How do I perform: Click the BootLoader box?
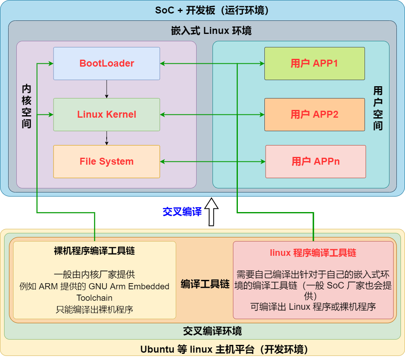[x=106, y=63]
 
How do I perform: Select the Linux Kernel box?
[x=106, y=114]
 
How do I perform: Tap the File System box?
[x=106, y=161]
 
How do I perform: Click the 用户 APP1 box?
[x=314, y=63]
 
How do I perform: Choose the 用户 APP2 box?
[x=314, y=114]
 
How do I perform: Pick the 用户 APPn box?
[x=315, y=161]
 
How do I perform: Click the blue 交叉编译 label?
[x=182, y=212]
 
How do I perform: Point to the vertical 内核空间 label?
[x=27, y=106]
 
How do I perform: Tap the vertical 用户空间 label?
[x=378, y=108]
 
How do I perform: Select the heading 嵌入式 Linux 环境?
[x=211, y=31]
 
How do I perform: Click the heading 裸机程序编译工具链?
[x=94, y=251]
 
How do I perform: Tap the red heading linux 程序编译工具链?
[x=313, y=253]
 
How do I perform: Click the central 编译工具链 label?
[x=205, y=284]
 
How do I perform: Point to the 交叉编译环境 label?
[x=212, y=331]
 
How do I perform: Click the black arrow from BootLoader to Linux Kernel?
[x=107, y=89]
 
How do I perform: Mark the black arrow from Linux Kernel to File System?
[x=107, y=138]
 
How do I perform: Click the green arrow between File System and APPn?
[x=213, y=161]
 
